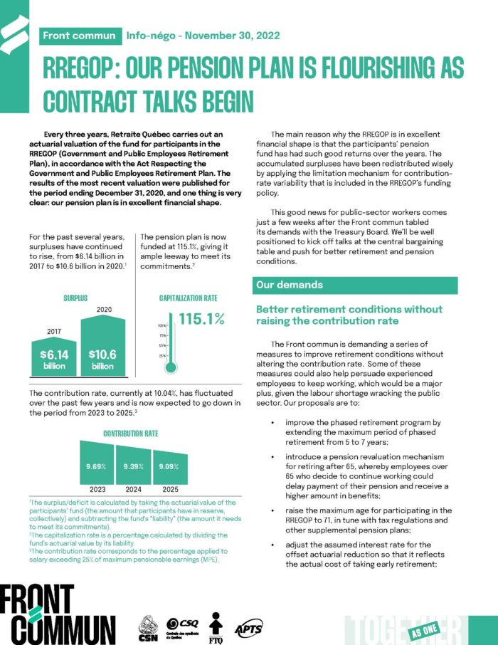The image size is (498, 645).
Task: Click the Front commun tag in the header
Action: tap(79, 36)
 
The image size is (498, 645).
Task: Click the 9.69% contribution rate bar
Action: tap(96, 466)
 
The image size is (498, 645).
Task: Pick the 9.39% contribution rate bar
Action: tap(134, 467)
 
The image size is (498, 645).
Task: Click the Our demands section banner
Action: tap(362, 285)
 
